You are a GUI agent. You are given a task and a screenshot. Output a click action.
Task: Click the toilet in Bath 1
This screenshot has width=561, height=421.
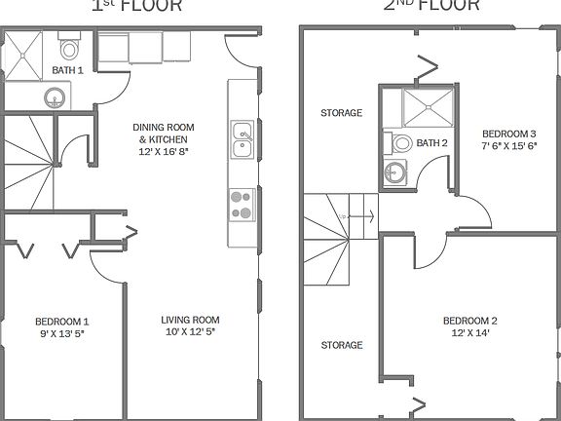(x=69, y=48)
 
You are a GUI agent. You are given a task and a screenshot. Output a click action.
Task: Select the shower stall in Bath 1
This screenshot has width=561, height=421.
(x=23, y=54)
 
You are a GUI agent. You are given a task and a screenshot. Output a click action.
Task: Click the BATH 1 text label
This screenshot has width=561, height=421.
(x=67, y=71)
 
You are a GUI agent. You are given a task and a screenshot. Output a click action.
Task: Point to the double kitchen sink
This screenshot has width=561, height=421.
(x=241, y=139)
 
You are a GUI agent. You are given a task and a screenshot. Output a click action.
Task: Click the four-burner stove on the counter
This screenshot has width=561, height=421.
(x=241, y=205)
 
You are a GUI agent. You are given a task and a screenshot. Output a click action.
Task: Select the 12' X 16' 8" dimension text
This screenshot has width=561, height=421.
(x=164, y=152)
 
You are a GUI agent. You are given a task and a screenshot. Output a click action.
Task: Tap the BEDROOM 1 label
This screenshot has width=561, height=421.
(x=62, y=321)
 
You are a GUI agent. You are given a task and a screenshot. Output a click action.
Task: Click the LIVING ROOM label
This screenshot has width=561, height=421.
(x=190, y=320)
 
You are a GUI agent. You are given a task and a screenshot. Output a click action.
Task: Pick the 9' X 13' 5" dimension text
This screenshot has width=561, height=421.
(x=62, y=332)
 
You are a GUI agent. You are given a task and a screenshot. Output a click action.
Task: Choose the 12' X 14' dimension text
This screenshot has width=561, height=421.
(x=469, y=333)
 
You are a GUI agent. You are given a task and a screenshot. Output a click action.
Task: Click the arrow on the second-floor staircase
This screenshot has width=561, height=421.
(x=362, y=214)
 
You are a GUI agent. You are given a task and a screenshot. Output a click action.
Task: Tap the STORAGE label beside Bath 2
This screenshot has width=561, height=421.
(x=341, y=113)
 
